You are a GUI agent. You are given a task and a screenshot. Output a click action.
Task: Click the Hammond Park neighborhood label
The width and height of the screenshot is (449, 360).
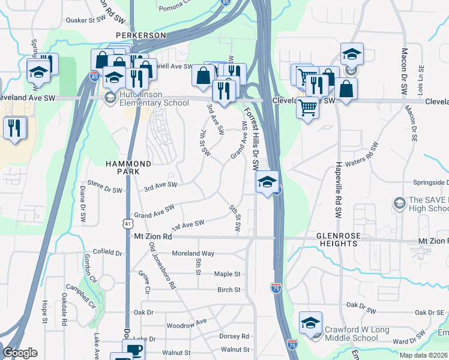pos(128,167)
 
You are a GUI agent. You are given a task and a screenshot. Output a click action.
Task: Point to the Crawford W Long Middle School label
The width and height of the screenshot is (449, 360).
pos(357,334)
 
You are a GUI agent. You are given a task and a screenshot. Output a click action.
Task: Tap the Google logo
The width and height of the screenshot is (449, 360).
pos(20,353)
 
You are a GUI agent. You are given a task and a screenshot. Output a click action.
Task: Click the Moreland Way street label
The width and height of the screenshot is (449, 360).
pos(193,254)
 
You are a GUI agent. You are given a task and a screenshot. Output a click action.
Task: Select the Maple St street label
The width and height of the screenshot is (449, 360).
pos(228,274)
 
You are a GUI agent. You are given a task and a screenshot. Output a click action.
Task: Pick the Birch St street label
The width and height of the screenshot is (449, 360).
pos(229,290)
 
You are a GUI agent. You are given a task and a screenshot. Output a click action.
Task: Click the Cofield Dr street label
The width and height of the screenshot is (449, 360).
pos(107,252)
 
